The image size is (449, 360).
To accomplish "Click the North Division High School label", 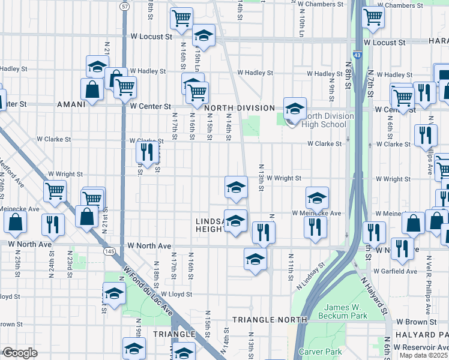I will click(x=325, y=120).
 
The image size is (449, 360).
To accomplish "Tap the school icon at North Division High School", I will click(x=295, y=109).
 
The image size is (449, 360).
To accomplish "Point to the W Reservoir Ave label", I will click(x=420, y=348).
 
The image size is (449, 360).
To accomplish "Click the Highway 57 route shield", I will click(x=124, y=7).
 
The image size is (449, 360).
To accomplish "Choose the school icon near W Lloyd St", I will click(x=114, y=293).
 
